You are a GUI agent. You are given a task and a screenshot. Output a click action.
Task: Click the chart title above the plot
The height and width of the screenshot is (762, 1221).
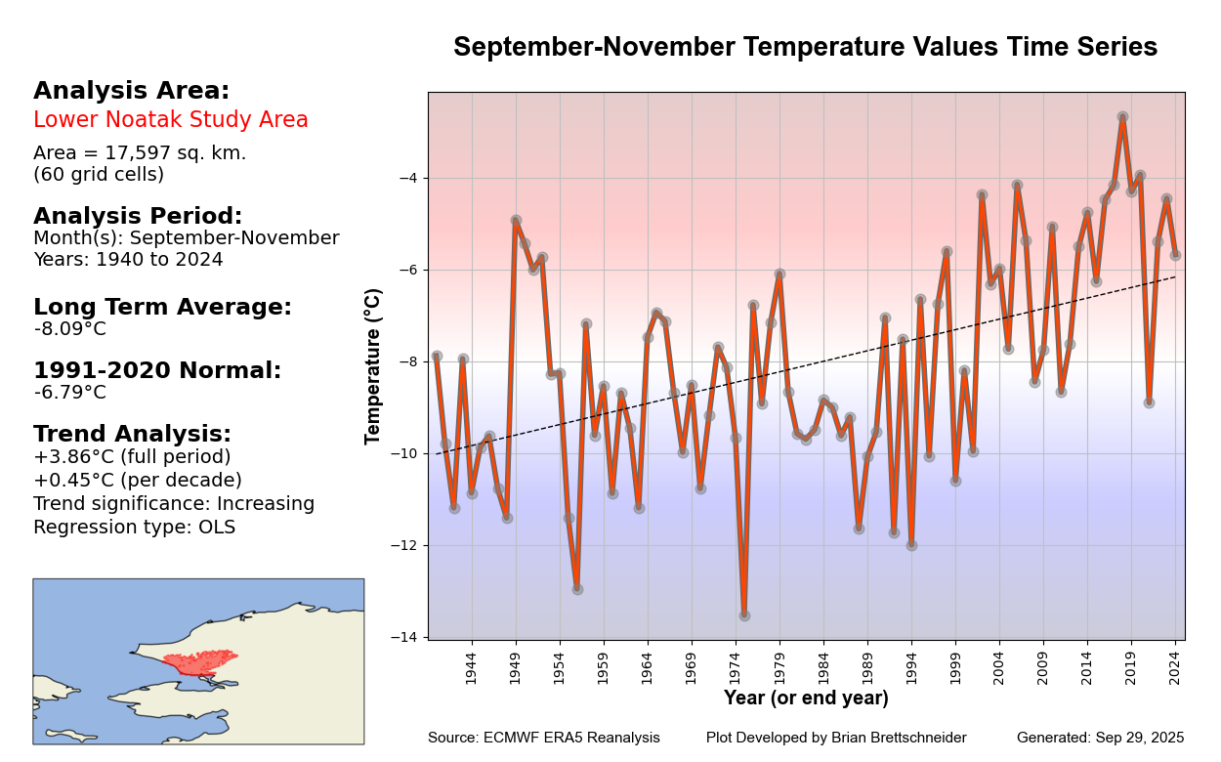(805, 47)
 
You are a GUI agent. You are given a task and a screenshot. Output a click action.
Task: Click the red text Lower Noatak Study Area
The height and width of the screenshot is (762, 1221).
(171, 120)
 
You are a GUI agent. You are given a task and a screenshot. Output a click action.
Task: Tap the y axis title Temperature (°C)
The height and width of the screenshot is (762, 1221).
(373, 366)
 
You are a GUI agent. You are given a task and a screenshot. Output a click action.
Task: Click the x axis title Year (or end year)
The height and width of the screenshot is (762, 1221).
(806, 698)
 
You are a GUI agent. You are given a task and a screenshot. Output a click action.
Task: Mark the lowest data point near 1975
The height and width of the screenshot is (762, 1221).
(744, 615)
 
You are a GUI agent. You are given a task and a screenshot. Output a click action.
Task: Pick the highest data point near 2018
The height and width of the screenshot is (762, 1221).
(1122, 117)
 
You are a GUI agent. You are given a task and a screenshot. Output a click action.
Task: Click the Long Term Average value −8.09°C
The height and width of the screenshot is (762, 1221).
(70, 329)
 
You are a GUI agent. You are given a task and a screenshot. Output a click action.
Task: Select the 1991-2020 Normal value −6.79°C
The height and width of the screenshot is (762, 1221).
(70, 393)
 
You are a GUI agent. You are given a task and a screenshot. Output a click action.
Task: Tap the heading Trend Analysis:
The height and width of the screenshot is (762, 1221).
(132, 434)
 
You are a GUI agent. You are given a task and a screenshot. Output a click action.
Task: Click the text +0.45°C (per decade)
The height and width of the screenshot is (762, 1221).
(138, 481)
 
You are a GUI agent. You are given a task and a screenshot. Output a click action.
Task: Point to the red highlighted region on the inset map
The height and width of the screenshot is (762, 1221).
(201, 662)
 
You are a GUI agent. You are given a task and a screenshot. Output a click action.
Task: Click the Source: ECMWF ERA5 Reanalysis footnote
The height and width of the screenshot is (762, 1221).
(544, 739)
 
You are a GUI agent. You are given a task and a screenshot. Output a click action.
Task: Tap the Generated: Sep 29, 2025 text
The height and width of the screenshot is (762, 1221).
(1100, 739)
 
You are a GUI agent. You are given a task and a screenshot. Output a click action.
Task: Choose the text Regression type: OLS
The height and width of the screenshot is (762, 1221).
(135, 528)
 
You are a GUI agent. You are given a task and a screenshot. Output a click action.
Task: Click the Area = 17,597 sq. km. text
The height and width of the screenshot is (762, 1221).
(140, 153)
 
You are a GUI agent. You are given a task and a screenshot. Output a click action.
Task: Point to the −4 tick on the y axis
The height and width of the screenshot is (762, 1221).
(408, 178)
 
